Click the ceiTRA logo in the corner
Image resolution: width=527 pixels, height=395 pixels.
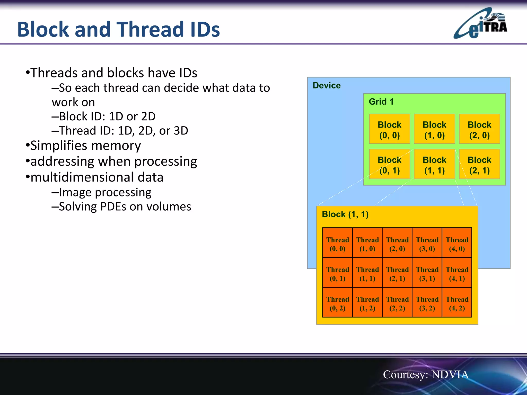tap(480, 24)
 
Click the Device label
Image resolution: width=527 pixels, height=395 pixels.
tap(327, 85)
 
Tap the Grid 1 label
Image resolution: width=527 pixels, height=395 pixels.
tap(381, 102)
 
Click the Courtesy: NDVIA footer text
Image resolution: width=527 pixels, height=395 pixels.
tap(426, 374)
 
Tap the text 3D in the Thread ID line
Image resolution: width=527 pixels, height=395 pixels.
tap(181, 131)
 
